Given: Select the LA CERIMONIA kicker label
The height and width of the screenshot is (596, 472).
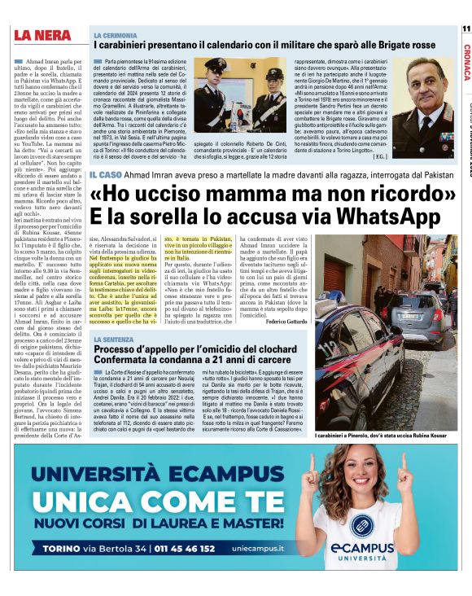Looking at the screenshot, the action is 115,36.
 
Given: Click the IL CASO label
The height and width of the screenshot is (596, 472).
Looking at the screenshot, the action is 106,175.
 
